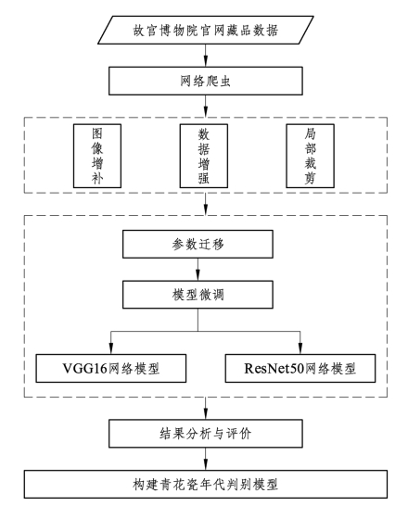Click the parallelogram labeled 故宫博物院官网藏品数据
click(206, 30)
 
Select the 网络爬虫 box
click(206, 81)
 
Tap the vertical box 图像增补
click(97, 156)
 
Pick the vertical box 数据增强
click(204, 156)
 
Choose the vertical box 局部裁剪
click(311, 156)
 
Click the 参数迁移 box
click(198, 244)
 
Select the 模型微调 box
click(198, 295)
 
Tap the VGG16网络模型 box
click(111, 368)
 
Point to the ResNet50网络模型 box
click(300, 368)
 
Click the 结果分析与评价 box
click(206, 434)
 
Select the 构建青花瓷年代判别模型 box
click(206, 484)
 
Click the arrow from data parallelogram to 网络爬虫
click(206, 56)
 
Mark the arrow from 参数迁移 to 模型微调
click(198, 270)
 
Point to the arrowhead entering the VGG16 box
click(111, 348)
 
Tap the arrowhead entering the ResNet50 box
click(300, 348)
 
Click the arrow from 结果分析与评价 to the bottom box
click(206, 459)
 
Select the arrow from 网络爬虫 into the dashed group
click(206, 107)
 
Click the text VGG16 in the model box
click(84, 368)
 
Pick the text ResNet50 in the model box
click(274, 368)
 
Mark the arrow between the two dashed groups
click(206, 204)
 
